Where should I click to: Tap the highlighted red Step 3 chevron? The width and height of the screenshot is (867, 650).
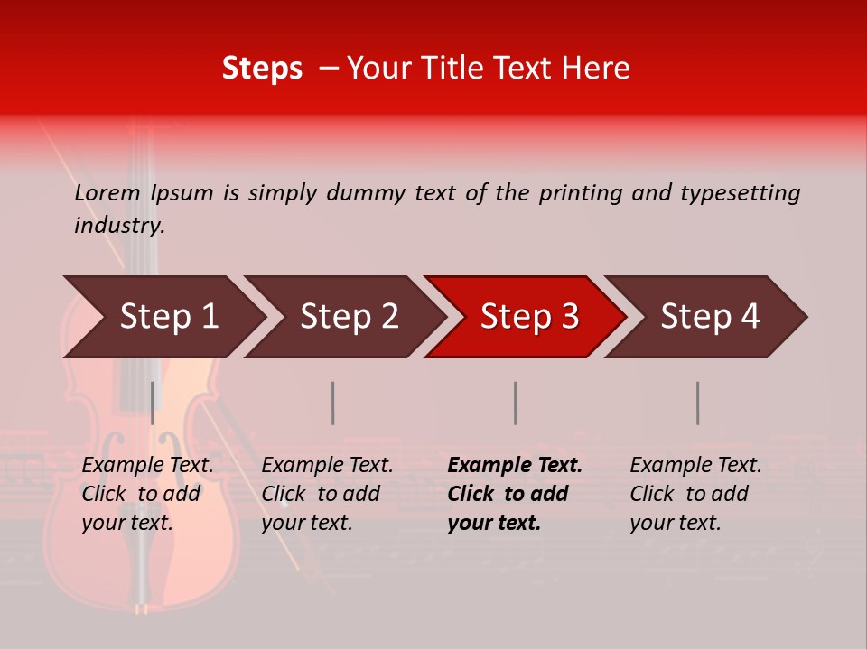tap(529, 317)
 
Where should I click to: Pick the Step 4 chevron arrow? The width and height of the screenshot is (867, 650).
tap(710, 317)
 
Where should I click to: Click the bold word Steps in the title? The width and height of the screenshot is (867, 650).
tap(262, 69)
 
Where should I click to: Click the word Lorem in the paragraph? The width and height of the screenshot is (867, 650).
tap(107, 193)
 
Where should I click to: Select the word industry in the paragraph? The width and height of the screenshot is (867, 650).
tap(119, 226)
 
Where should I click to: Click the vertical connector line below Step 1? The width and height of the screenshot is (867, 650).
tap(152, 403)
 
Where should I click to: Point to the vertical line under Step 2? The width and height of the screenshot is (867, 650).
tap(332, 403)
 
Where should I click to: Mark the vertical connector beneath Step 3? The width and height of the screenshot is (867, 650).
tap(515, 403)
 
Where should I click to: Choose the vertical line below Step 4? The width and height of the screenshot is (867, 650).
tap(697, 403)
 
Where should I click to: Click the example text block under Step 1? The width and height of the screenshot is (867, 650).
tap(146, 494)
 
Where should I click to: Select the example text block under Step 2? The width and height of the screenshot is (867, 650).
tap(326, 494)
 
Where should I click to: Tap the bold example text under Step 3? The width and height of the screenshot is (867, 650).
tap(514, 494)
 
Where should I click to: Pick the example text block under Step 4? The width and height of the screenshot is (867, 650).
tap(695, 494)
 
